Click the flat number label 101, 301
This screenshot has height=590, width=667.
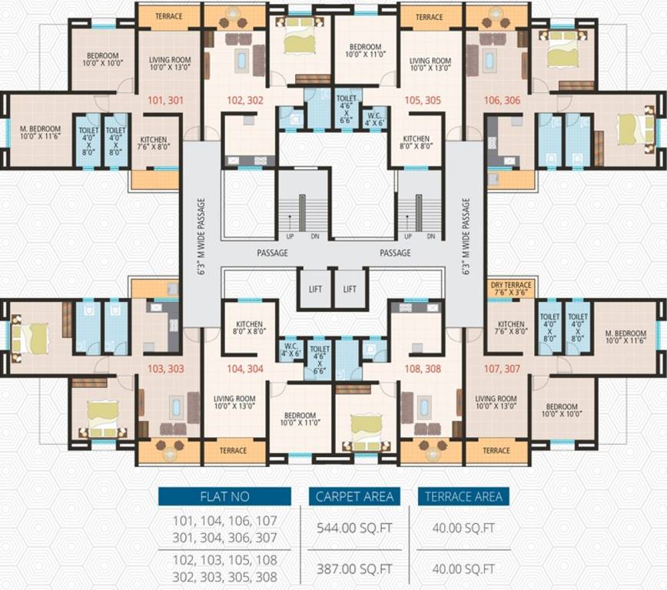[162, 99]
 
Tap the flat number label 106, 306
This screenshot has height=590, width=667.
[502, 99]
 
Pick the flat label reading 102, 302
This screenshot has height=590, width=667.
[245, 99]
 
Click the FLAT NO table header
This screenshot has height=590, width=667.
[224, 496]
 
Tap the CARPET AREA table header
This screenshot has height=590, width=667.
[354, 496]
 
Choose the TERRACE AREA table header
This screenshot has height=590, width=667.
[463, 496]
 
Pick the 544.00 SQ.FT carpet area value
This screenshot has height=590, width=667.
[354, 528]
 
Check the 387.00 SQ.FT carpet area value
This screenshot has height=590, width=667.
[354, 569]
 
